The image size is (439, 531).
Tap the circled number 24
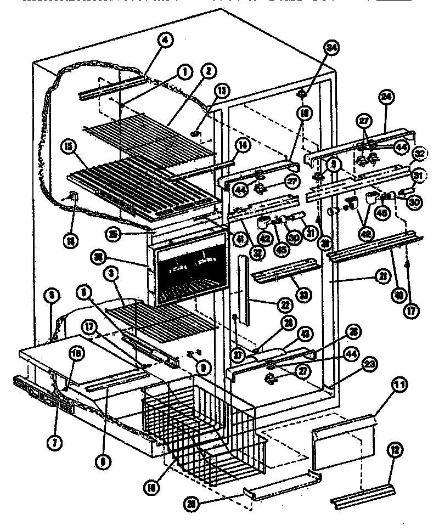point(386,97)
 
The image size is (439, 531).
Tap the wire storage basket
point(203,428)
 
